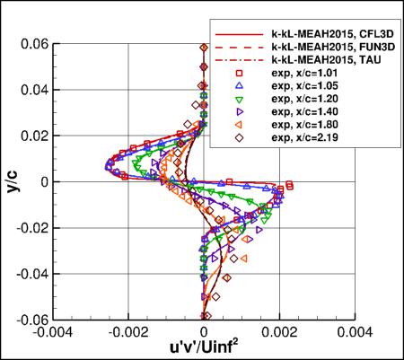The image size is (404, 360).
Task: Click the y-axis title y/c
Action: pyautogui.click(x=13, y=181)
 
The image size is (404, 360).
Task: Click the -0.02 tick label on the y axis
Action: pyautogui.click(x=30, y=227)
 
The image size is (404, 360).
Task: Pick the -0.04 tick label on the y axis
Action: pyautogui.click(x=30, y=273)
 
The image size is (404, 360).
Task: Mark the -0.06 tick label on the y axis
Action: pyautogui.click(x=30, y=318)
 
